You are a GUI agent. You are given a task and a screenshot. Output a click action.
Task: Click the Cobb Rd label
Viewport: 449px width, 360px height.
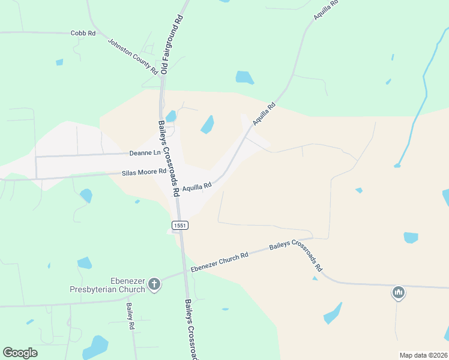pyautogui.click(x=83, y=33)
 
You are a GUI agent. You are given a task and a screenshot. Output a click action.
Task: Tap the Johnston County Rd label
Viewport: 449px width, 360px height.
pyautogui.click(x=133, y=56)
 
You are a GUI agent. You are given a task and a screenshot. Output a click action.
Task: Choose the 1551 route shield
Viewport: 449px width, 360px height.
pyautogui.click(x=179, y=225)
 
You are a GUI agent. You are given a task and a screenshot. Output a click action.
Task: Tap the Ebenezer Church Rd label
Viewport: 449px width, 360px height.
pyautogui.click(x=219, y=263)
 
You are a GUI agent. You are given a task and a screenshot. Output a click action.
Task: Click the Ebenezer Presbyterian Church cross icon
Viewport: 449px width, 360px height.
pyautogui.click(x=154, y=284)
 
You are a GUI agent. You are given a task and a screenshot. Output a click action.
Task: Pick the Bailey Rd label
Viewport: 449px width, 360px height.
pyautogui.click(x=130, y=316)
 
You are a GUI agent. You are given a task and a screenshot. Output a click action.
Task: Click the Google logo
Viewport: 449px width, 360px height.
pyautogui.click(x=20, y=353)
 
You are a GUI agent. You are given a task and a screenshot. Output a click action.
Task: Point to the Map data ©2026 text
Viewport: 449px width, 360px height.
pyautogui.click(x=423, y=355)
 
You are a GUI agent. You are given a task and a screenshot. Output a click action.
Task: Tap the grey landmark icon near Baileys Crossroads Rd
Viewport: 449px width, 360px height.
pyautogui.click(x=398, y=293)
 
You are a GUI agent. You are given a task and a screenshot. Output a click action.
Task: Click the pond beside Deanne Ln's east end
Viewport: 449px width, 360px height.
pyautogui.click(x=207, y=124)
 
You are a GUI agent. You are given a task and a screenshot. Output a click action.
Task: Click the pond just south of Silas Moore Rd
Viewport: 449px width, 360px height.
pyautogui.click(x=86, y=195)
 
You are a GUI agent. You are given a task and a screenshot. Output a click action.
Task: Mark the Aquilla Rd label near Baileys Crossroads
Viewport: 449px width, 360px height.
pyautogui.click(x=197, y=187)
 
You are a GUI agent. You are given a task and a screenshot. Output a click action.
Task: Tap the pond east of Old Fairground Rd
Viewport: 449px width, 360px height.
pyautogui.click(x=244, y=77)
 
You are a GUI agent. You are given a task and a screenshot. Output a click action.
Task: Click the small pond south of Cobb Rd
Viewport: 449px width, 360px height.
pyautogui.click(x=59, y=62)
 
